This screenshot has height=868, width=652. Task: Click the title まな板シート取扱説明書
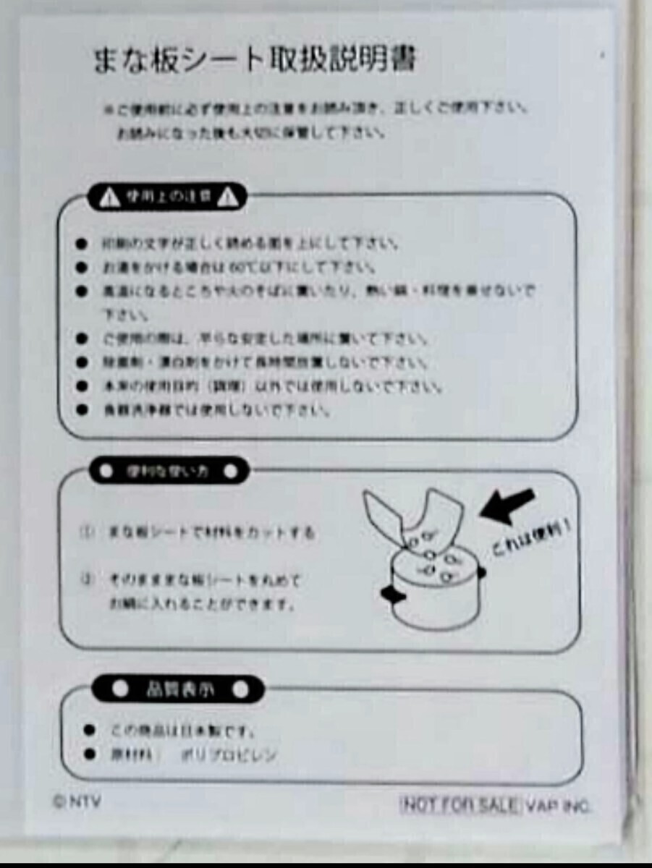tap(255, 61)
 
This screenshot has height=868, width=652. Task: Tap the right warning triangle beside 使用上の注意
tap(228, 197)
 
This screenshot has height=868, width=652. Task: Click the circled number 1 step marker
tap(88, 533)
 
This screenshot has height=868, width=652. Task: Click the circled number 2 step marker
tap(88, 579)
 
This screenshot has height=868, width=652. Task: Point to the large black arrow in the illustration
tap(508, 506)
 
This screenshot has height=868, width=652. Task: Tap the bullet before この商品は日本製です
tap(90, 730)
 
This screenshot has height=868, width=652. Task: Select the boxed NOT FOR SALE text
tap(460, 804)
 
